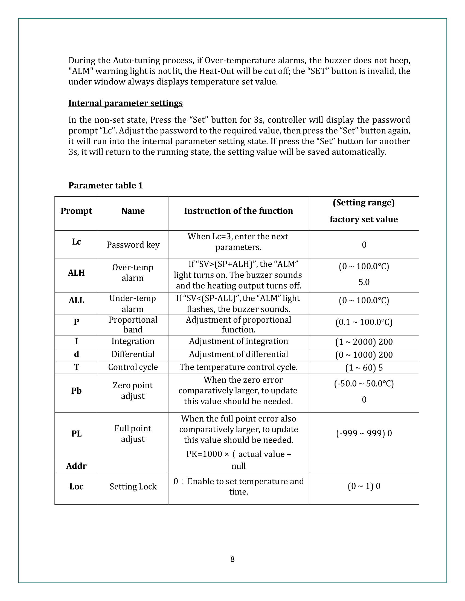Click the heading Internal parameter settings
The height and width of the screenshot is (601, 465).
coord(125,103)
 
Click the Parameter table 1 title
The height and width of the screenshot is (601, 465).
coord(106,185)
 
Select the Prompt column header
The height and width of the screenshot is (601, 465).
coord(76,211)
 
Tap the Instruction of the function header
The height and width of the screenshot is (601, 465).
coord(238,211)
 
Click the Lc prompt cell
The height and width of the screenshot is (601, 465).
coord(76,242)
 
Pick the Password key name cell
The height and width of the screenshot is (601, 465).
coord(133,245)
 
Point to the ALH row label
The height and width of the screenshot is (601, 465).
coord(76,273)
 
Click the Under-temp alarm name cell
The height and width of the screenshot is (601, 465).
coord(133,303)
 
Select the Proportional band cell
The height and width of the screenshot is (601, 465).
coord(133,325)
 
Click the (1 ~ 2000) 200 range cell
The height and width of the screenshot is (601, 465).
coord(364,342)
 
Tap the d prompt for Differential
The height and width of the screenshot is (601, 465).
coord(76,354)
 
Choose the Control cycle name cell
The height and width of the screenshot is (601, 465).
coord(133,367)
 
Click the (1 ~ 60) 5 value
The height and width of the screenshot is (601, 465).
coord(364,368)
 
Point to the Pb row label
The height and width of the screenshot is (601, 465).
coord(76,391)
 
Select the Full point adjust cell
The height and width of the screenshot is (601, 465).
coord(133,434)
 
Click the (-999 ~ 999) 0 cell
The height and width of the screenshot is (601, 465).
coord(364,433)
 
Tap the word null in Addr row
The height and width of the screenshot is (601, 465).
coord(238,466)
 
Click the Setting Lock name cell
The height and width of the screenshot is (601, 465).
coord(133,487)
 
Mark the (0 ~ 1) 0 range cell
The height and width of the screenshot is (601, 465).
coord(364,486)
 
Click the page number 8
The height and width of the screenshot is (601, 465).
coord(233,559)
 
